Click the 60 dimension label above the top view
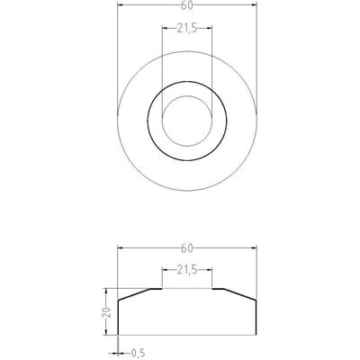coord(186,5)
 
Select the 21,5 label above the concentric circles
coord(187,29)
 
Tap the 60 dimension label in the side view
coord(186,248)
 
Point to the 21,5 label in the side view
coord(187,270)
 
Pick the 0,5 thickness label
coord(139,353)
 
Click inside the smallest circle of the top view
coord(187,121)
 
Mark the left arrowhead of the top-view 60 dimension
coord(121,4)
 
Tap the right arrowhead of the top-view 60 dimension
coord(254,4)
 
